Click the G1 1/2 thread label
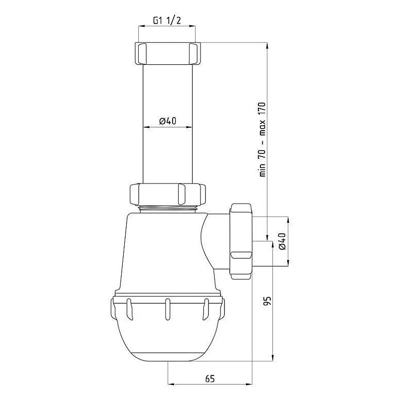coord(166,21)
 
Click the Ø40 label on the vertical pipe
coord(169,121)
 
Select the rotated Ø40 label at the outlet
coord(282,241)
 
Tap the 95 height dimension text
coord(267,301)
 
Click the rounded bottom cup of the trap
coord(167,339)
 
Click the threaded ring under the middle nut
coord(168,207)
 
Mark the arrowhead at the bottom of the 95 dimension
coord(273,355)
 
